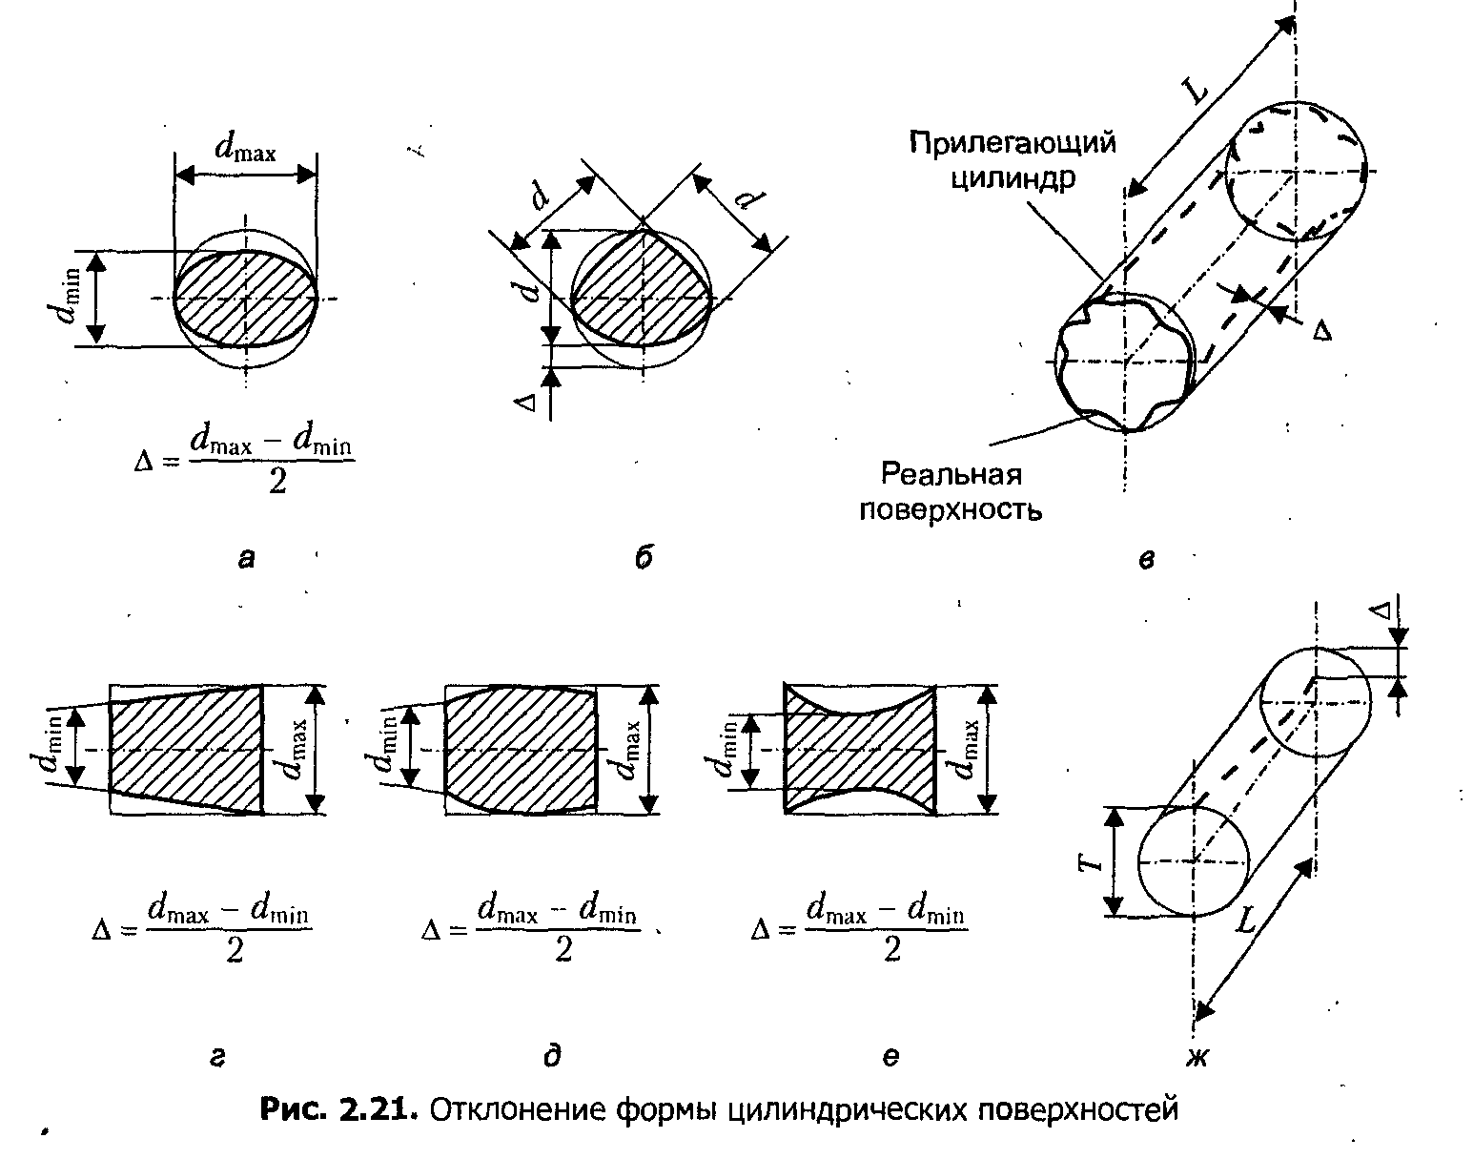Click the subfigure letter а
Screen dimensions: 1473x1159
(246, 560)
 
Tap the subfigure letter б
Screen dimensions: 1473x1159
(644, 558)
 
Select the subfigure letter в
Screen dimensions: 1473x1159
(1147, 560)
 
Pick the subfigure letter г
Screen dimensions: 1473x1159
(217, 1059)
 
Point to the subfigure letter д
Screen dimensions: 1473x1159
(553, 1057)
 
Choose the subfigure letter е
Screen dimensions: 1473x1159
(890, 1058)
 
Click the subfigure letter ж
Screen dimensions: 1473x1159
(1197, 1059)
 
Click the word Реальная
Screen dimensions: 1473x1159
(951, 473)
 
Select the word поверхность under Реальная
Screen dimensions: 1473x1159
(951, 510)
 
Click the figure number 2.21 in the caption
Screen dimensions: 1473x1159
(378, 1109)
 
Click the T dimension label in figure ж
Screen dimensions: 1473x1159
(1091, 860)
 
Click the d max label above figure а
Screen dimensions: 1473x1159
(245, 147)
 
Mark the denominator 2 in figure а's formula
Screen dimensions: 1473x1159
(277, 482)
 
